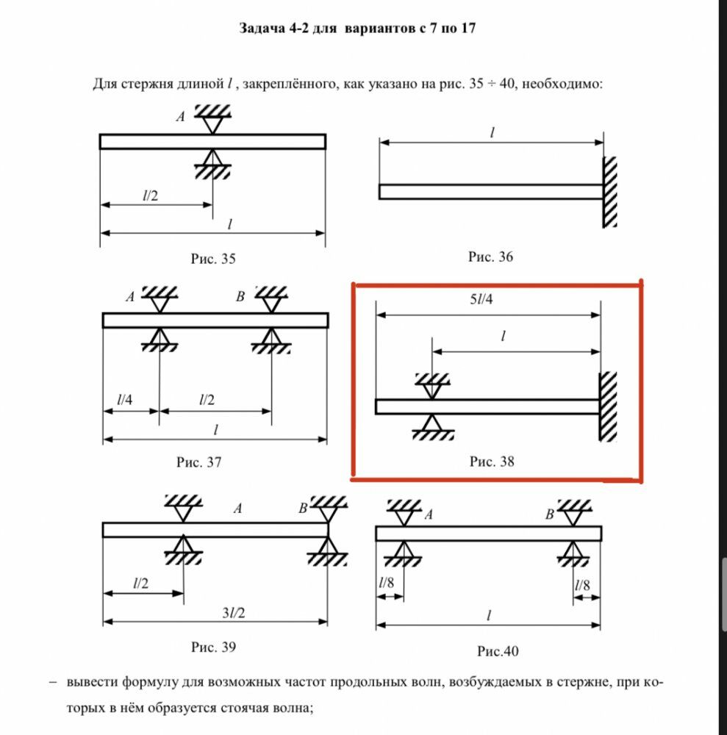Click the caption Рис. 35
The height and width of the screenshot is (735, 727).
click(x=212, y=259)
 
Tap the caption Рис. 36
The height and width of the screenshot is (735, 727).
click(x=490, y=257)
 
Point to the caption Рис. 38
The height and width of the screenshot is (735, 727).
click(x=492, y=462)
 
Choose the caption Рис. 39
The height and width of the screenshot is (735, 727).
click(x=213, y=648)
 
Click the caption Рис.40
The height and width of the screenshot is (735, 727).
click(x=498, y=651)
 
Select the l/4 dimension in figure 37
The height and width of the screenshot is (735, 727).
click(x=125, y=400)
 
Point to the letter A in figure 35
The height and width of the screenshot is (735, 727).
click(x=180, y=115)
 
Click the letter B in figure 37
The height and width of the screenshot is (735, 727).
click(x=240, y=297)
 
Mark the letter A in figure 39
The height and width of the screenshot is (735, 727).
click(x=237, y=507)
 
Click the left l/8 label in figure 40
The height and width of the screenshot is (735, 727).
click(x=386, y=584)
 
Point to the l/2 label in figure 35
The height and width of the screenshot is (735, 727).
click(x=150, y=196)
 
